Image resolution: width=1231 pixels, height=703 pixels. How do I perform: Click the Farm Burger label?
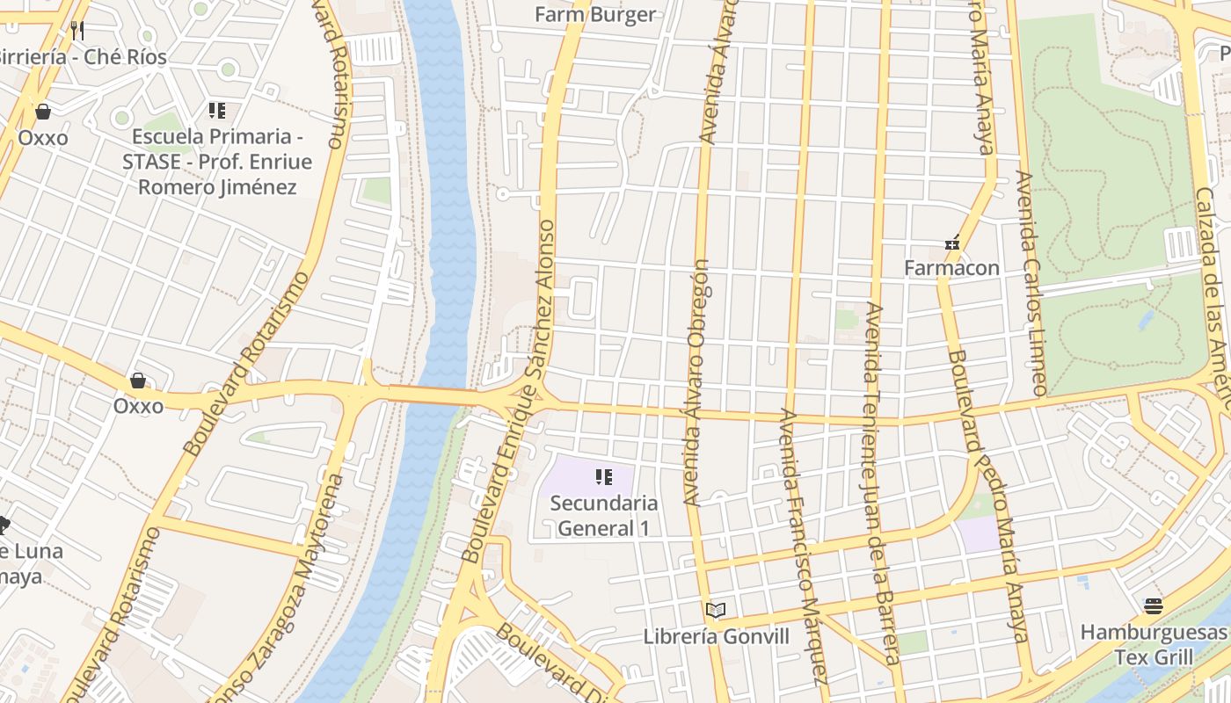pyautogui.click(x=595, y=14)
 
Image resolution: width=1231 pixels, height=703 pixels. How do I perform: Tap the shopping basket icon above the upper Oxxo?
pyautogui.click(x=42, y=112)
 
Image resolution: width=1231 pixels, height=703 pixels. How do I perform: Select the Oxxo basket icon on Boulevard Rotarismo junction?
pyautogui.click(x=137, y=380)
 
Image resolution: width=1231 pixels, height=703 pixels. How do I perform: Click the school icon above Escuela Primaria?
pyautogui.click(x=216, y=111)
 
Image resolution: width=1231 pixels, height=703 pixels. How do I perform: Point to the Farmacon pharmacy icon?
pyautogui.click(x=951, y=243)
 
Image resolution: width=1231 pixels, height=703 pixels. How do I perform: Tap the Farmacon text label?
pyautogui.click(x=951, y=267)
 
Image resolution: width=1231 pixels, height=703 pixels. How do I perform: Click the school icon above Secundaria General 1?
pyautogui.click(x=603, y=477)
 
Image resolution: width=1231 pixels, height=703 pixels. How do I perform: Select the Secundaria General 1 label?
pyautogui.click(x=603, y=516)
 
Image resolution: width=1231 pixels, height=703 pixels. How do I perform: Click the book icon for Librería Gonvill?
pyautogui.click(x=716, y=610)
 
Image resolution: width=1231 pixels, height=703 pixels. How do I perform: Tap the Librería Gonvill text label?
pyautogui.click(x=717, y=636)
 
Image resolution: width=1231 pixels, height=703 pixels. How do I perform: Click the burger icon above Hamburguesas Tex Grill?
pyautogui.click(x=1154, y=606)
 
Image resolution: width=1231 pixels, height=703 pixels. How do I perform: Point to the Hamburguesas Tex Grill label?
pyautogui.click(x=1154, y=644)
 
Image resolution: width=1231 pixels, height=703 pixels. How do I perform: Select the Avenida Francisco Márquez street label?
pyautogui.click(x=804, y=545)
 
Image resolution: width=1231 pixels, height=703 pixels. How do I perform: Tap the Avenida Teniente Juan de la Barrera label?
pyautogui.click(x=881, y=483)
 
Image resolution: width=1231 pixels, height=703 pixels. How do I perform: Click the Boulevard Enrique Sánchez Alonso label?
pyautogui.click(x=511, y=391)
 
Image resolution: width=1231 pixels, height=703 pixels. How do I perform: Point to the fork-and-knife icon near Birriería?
pyautogui.click(x=77, y=31)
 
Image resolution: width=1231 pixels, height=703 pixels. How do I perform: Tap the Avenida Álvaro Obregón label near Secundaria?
pyautogui.click(x=696, y=382)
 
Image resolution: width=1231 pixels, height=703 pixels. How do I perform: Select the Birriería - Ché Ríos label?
pyautogui.click(x=81, y=56)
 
